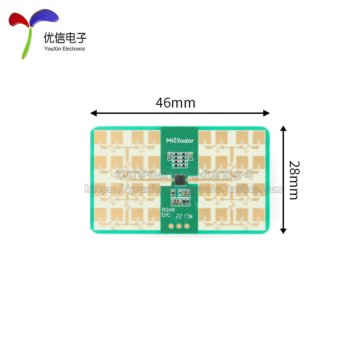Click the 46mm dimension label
tap(175, 103)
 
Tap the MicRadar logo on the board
tap(180, 140)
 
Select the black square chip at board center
tap(180, 180)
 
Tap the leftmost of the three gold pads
tap(171, 227)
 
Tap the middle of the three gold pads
tap(179, 227)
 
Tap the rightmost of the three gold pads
tap(186, 227)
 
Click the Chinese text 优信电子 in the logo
tap(65, 37)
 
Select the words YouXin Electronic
tap(65, 49)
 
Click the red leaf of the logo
tap(19, 19)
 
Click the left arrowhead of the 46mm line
tap(93, 113)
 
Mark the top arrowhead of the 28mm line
tap(283, 129)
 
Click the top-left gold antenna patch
tap(102, 137)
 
